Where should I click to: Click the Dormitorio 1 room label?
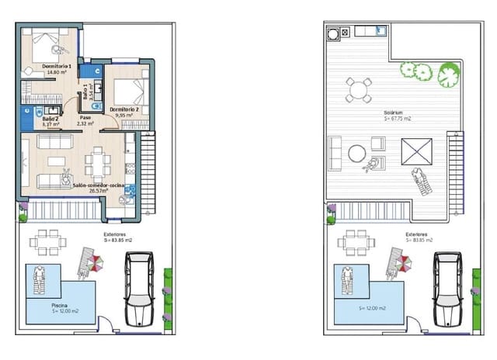coord(56,67)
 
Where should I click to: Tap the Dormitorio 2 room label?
coord(123,109)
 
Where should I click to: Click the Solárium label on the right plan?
coord(392,112)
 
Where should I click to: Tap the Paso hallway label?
coord(85,117)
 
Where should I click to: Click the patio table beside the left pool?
coord(44,241)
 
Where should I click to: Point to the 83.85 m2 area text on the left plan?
coord(117,240)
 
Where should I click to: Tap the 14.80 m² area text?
coord(56,73)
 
